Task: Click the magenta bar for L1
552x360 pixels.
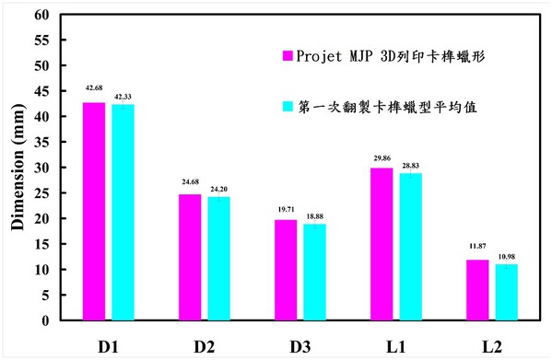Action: (382, 245)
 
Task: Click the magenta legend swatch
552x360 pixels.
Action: (288, 54)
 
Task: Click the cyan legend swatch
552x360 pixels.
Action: (288, 106)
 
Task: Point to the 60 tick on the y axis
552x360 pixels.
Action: (41, 16)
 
